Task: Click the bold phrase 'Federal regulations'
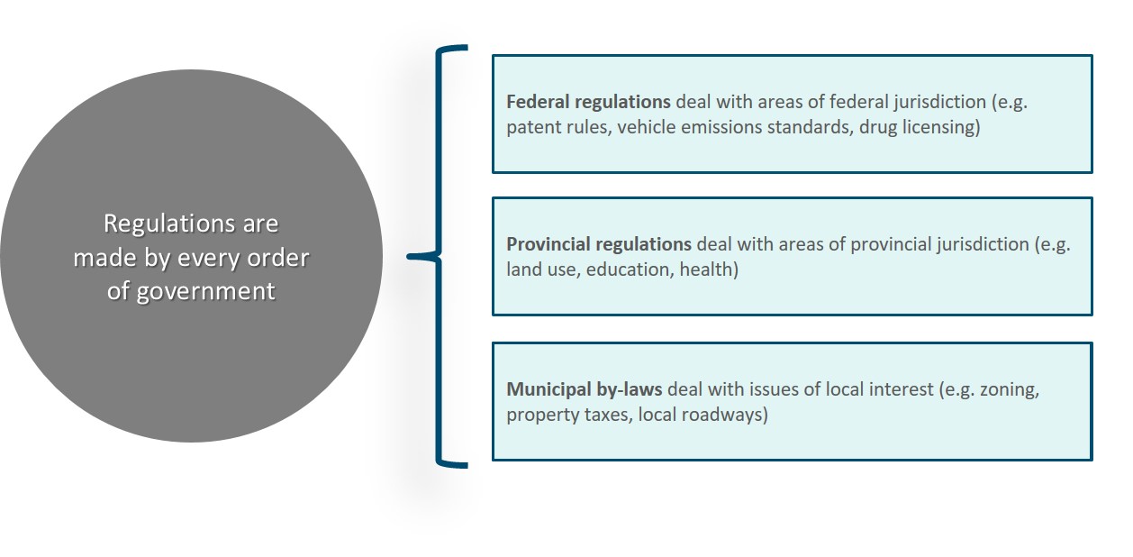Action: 588,102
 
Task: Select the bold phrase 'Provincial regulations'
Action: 599,244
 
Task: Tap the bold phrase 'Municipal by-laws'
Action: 585,389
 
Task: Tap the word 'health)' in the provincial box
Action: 709,269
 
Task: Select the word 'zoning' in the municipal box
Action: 1010,390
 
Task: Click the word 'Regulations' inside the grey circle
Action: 169,224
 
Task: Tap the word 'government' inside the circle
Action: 205,292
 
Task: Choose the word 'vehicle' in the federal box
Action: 647,127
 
